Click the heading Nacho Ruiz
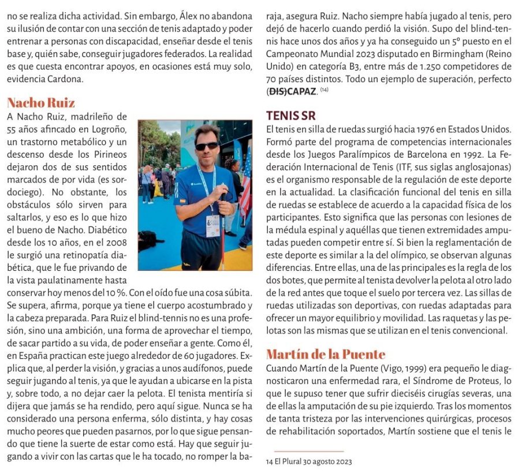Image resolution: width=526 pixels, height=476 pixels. pyautogui.click(x=40, y=103)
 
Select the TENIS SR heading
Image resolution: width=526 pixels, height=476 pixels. pyautogui.click(x=290, y=115)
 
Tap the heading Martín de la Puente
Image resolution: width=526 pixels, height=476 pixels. pyautogui.click(x=326, y=354)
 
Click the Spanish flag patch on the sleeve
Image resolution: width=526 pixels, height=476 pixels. pyautogui.click(x=181, y=201)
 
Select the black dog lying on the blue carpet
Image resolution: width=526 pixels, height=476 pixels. pyautogui.click(x=152, y=239)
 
